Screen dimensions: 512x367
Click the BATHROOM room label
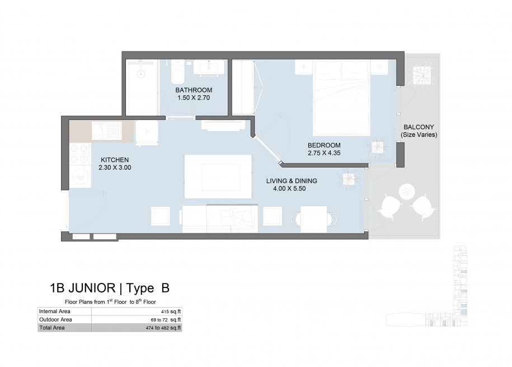[194, 90]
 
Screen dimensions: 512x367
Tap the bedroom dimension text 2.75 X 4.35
[324, 153]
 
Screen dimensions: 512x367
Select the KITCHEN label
[115, 160]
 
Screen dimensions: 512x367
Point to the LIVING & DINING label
[292, 181]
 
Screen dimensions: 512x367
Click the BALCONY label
[419, 127]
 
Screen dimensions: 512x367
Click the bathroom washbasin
[209, 67]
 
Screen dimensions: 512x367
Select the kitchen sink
[106, 131]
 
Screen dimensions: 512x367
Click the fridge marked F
[147, 132]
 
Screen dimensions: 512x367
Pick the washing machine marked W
[79, 177]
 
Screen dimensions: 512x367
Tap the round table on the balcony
[407, 192]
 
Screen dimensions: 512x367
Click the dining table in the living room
[313, 219]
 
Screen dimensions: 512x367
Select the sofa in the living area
[220, 219]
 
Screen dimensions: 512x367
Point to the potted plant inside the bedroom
[378, 147]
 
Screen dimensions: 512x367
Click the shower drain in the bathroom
[141, 74]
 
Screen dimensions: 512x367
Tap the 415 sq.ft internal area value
[171, 312]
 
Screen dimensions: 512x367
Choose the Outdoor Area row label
[55, 319]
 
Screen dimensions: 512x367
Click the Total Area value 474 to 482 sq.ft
[163, 328]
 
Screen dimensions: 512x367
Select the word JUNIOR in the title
[91, 288]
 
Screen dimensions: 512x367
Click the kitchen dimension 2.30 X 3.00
[115, 168]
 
